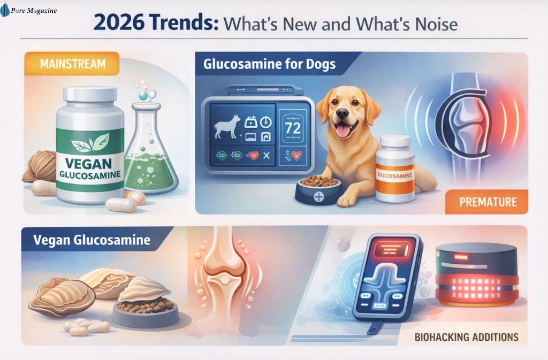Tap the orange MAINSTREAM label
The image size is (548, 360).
(72, 65)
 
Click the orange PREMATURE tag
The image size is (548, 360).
(488, 202)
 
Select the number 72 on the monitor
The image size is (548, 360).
(292, 128)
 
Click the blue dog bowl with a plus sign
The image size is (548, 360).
(318, 190)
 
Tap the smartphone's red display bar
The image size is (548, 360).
(389, 249)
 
